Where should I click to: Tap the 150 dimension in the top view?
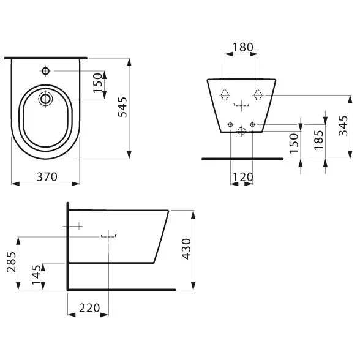pyautogui.click(x=97, y=83)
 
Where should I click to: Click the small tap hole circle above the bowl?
pyautogui.click(x=46, y=72)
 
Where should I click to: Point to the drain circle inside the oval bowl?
pyautogui.click(x=46, y=97)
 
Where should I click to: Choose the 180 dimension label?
pyautogui.click(x=242, y=48)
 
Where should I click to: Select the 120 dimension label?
pyautogui.click(x=242, y=177)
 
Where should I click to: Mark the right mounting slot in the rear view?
pyautogui.click(x=258, y=96)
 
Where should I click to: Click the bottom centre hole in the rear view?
pyautogui.click(x=241, y=130)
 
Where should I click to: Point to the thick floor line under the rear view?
pyautogui.click(x=242, y=158)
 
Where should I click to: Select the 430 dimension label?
pyautogui.click(x=187, y=249)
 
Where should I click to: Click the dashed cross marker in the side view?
pyautogui.click(x=108, y=235)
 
